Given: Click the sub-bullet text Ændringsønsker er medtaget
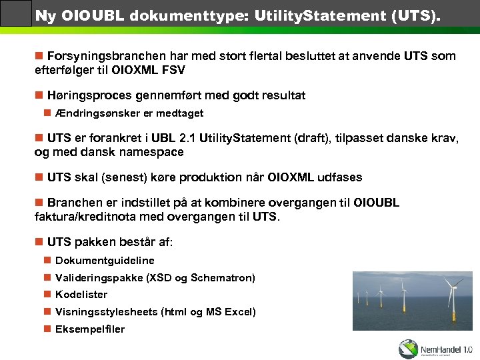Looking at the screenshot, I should click(129, 113).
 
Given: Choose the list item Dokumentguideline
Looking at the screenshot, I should click(105, 261).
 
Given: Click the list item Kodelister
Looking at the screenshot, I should click(81, 295).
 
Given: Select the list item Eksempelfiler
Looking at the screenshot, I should click(89, 329).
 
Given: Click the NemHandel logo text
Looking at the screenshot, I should click(446, 349).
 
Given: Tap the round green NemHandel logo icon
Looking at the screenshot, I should click(408, 349).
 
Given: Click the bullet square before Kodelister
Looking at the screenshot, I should click(47, 295).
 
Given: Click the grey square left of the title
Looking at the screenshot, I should click(16, 13).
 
